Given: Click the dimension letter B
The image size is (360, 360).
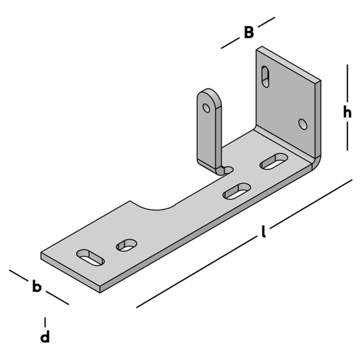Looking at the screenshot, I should [x=249, y=33].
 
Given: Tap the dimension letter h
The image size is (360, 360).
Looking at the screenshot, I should [x=347, y=113].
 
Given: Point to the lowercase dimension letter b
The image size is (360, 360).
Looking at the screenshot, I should [x=36, y=287].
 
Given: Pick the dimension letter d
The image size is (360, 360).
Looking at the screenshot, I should [x=45, y=337].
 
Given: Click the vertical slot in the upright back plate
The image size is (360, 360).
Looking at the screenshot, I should [x=265, y=77].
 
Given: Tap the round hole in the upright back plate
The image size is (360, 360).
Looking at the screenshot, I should [x=303, y=124].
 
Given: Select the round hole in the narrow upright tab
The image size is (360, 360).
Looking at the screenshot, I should [x=207, y=107].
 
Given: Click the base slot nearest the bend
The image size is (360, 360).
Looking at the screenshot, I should [x=274, y=161].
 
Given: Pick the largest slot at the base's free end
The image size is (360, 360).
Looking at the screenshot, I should [x=90, y=257].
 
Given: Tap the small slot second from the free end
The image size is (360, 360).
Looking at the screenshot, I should [x=126, y=244].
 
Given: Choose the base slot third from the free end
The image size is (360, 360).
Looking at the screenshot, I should [x=237, y=191].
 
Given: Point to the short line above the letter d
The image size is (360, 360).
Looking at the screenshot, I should [x=45, y=321].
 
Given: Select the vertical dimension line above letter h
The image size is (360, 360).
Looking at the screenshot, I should [x=347, y=83].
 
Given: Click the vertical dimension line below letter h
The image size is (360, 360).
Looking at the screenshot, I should [x=347, y=137].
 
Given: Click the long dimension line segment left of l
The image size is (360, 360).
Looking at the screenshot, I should [x=195, y=273].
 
